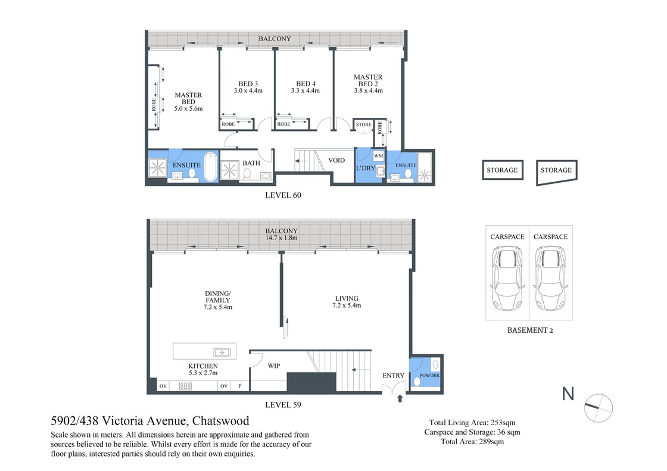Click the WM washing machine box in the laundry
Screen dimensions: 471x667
[378, 156]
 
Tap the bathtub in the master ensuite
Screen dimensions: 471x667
[210, 167]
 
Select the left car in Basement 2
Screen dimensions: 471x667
[507, 279]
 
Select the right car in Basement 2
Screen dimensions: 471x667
[550, 279]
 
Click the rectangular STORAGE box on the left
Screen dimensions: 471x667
[502, 170]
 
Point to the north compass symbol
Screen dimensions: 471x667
[598, 407]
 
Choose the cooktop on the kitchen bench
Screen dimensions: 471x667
[185, 386]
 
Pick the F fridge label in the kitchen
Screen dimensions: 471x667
[240, 386]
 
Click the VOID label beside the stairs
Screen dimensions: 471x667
[336, 160]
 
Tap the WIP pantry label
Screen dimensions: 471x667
[274, 366]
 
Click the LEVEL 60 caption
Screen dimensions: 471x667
[280, 195]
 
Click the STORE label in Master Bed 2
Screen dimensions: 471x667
[363, 124]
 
